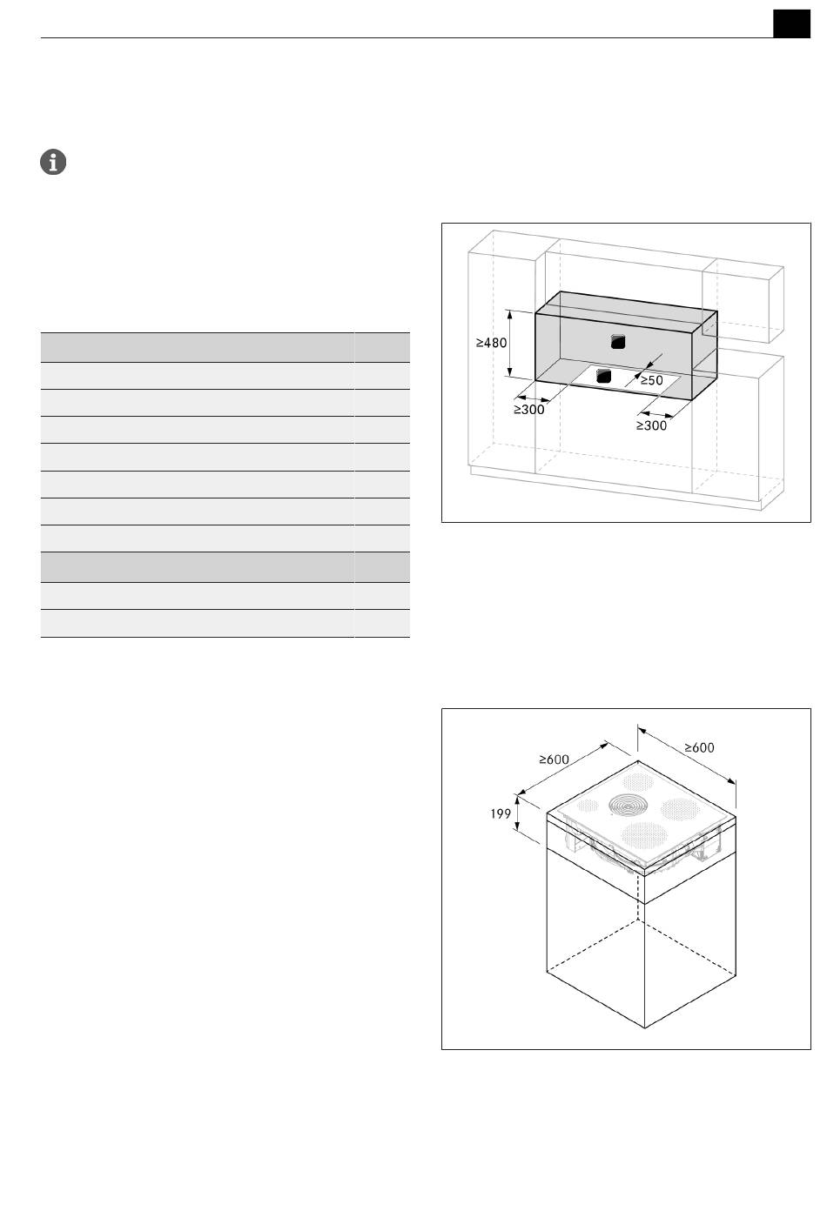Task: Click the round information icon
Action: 53,162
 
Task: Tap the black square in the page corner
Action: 791,23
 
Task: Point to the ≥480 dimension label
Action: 491,343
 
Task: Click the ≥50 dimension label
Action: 652,380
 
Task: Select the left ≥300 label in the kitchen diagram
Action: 529,410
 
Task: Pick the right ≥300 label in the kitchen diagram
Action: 651,426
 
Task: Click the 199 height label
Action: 501,813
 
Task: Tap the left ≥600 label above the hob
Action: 554,759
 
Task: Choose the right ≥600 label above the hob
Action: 699,747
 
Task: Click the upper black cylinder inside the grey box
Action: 618,342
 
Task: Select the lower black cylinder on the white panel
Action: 603,377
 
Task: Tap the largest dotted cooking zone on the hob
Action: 643,836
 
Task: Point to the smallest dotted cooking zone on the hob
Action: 588,806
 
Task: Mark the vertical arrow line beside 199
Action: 518,813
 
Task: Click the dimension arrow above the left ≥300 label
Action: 534,398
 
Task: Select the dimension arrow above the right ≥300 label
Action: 656,415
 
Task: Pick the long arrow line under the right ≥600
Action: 686,755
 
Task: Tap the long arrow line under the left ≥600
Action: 563,769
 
